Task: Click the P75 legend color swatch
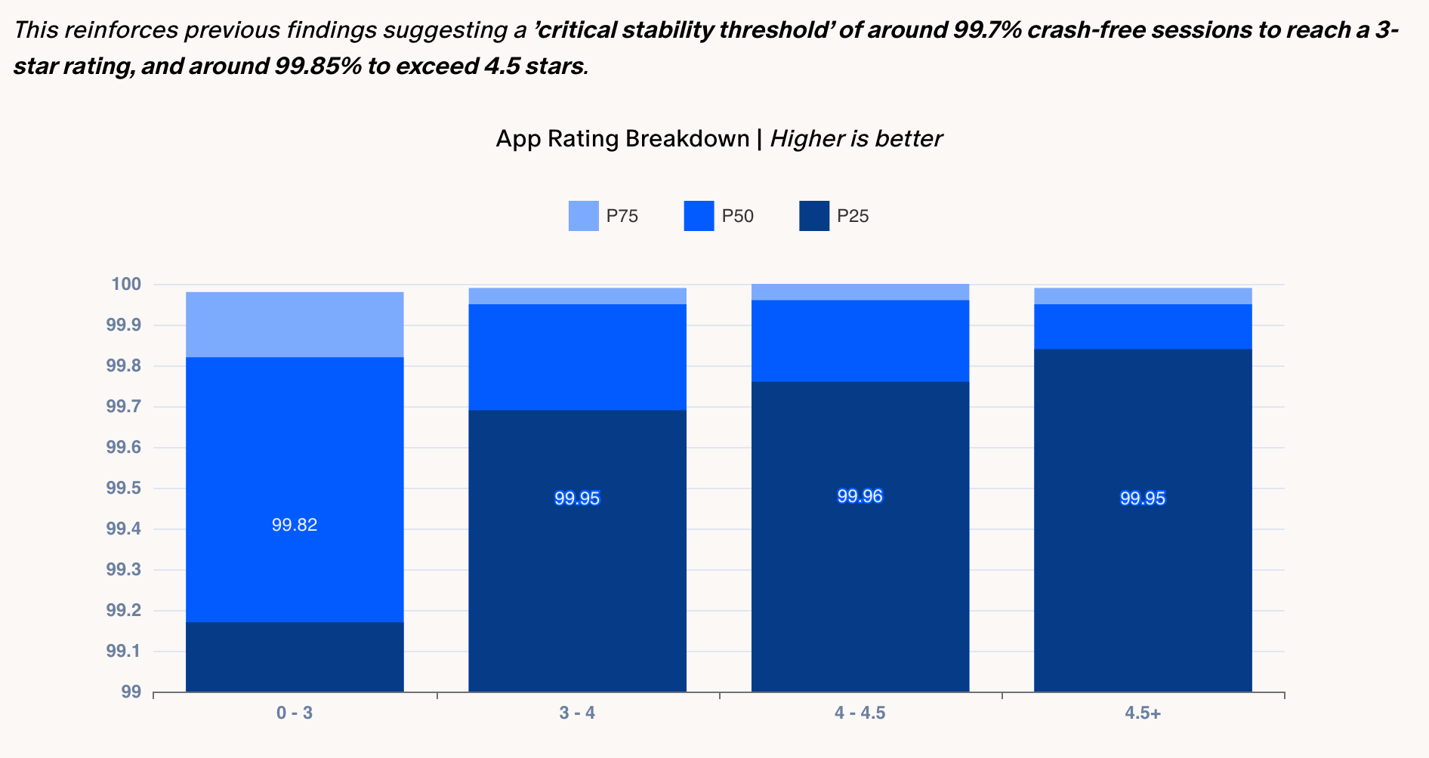click(x=583, y=216)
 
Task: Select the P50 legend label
click(x=737, y=216)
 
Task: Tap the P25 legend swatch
click(x=813, y=216)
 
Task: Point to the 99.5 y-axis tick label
click(x=124, y=488)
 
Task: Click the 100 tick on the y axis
click(x=126, y=285)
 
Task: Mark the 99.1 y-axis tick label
click(x=124, y=651)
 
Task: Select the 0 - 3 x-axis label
click(x=295, y=713)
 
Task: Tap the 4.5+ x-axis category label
click(x=1142, y=713)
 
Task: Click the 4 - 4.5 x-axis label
click(x=860, y=713)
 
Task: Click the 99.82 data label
click(x=295, y=525)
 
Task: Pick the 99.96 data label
click(x=860, y=496)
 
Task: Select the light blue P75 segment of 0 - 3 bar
click(x=295, y=325)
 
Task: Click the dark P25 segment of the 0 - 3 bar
click(x=295, y=657)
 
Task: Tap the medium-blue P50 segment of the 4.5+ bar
click(x=1142, y=326)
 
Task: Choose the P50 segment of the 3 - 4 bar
click(x=577, y=356)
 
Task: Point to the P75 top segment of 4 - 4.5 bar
click(x=860, y=292)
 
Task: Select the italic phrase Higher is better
click(x=856, y=139)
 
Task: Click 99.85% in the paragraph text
click(x=317, y=66)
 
